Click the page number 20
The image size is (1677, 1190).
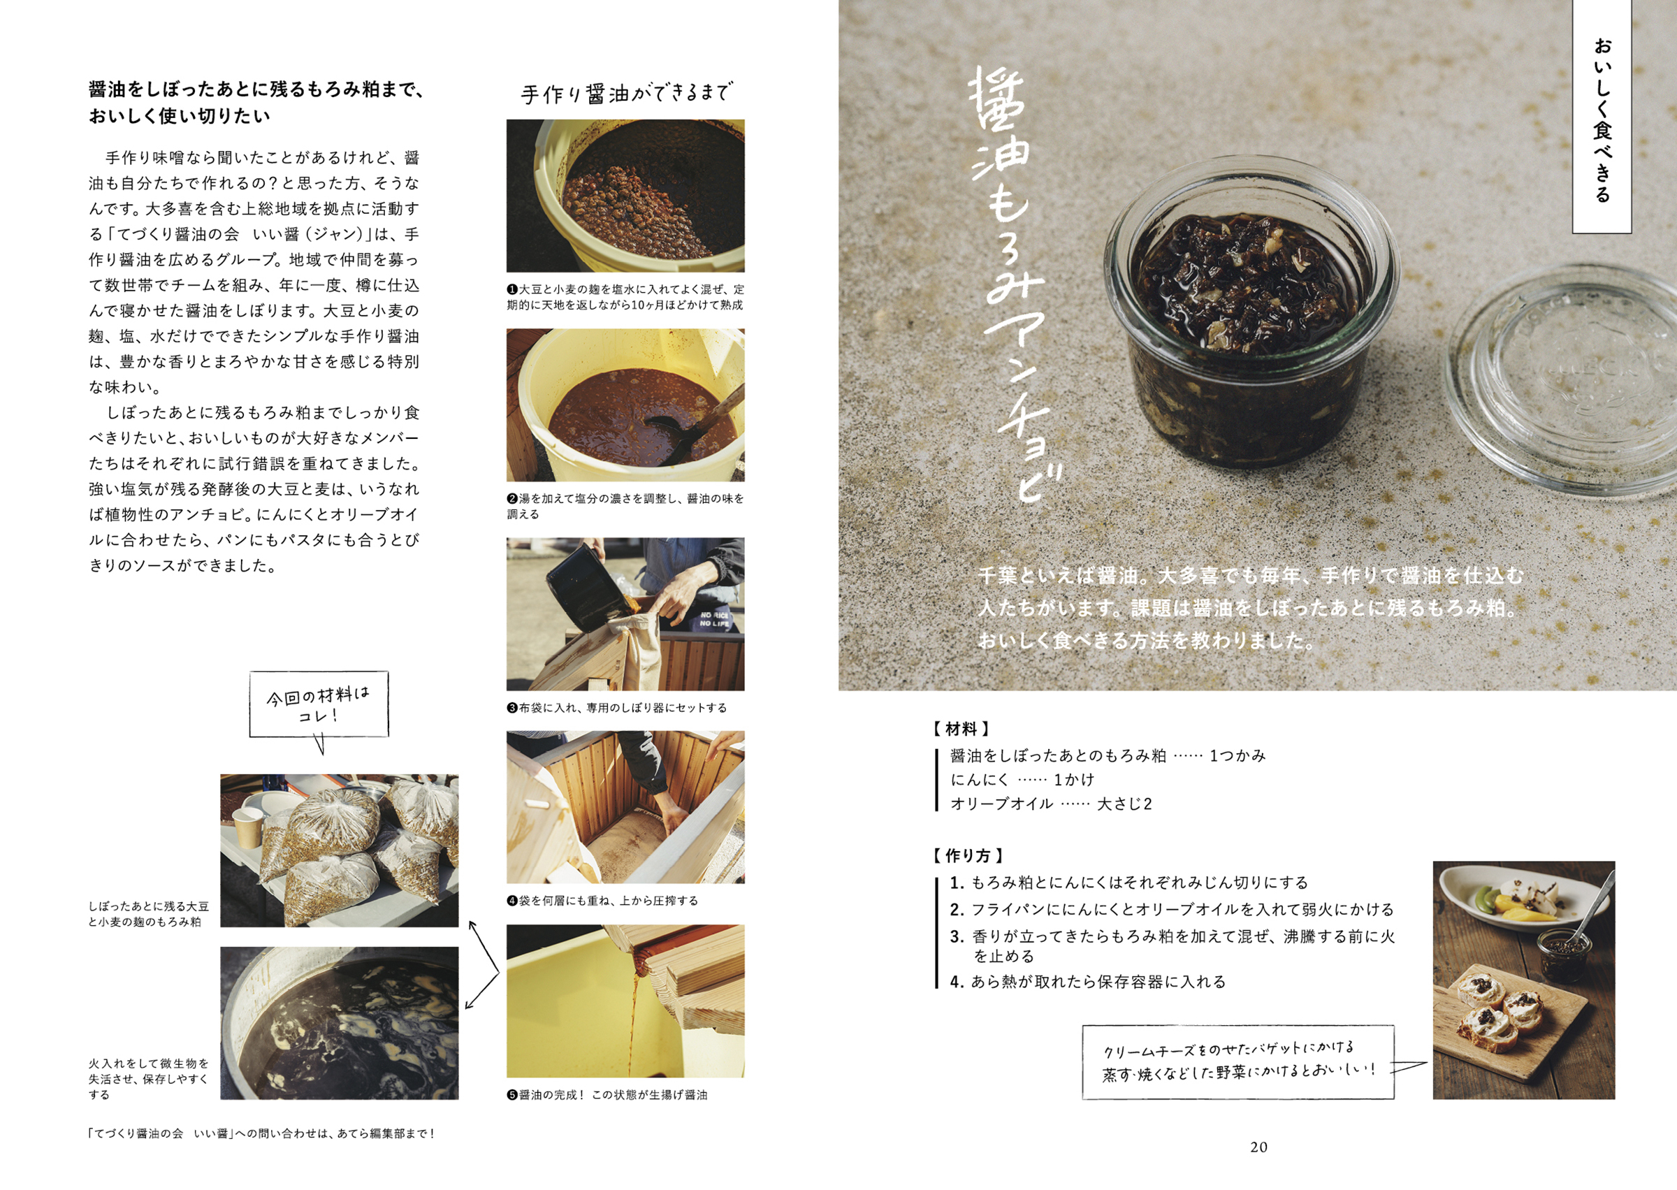(1258, 1147)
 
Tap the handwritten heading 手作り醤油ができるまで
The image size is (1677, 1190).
(625, 94)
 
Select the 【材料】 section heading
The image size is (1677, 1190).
(961, 729)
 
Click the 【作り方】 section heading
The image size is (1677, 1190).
(967, 856)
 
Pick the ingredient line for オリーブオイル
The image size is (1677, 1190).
(1051, 804)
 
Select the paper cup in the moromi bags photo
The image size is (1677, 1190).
(247, 827)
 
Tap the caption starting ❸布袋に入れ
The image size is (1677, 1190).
(616, 708)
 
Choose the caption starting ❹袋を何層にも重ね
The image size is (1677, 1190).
(602, 901)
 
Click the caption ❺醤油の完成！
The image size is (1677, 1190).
(607, 1095)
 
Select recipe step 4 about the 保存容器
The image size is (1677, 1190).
(1088, 982)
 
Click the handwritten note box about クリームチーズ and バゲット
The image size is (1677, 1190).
(1238, 1061)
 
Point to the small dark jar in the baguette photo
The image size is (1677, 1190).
(1563, 956)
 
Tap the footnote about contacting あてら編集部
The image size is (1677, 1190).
(261, 1133)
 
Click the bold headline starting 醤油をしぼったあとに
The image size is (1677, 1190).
(256, 103)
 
